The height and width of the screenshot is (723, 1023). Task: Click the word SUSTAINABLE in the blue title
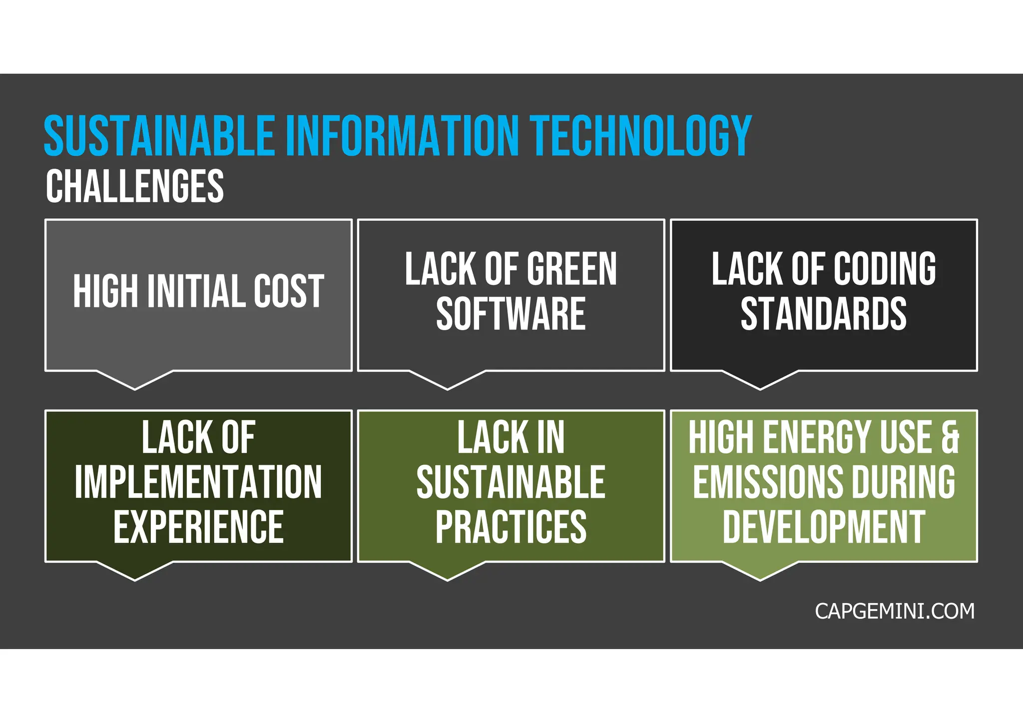click(x=159, y=136)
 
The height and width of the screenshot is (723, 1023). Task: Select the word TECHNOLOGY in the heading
click(x=641, y=136)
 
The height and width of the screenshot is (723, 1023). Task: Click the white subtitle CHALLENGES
click(x=135, y=186)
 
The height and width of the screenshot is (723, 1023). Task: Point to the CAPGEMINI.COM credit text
click(x=894, y=612)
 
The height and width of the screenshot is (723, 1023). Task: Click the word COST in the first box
click(x=289, y=292)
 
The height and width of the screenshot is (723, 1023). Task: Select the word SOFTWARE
click(x=511, y=315)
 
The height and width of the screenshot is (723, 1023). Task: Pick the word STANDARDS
click(x=823, y=315)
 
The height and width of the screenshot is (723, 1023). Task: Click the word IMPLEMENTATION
click(x=198, y=482)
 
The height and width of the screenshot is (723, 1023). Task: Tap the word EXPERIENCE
click(x=198, y=527)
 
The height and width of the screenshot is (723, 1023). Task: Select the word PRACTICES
click(x=511, y=527)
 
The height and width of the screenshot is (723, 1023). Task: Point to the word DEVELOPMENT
click(x=823, y=527)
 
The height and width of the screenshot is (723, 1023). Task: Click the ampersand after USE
click(x=950, y=437)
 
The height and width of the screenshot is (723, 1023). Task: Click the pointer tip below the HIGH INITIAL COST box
click(x=135, y=387)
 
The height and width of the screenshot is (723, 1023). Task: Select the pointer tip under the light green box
click(x=760, y=578)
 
